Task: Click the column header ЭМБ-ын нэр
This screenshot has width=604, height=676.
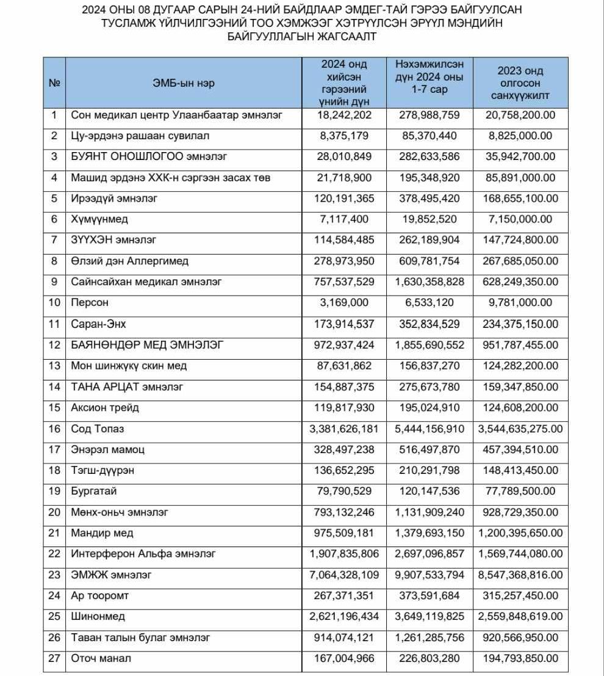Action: pos(183,83)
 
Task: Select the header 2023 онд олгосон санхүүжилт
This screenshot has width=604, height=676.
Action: pos(520,83)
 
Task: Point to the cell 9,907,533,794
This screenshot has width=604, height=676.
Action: pos(430,575)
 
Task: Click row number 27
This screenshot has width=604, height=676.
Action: pos(54,658)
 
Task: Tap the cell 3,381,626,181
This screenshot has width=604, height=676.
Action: pos(344,429)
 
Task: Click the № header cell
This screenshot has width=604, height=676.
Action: pos(54,83)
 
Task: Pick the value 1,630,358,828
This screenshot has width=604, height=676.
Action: pos(430,282)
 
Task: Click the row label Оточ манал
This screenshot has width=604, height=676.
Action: pos(101,658)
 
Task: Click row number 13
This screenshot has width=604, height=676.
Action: pos(54,366)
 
